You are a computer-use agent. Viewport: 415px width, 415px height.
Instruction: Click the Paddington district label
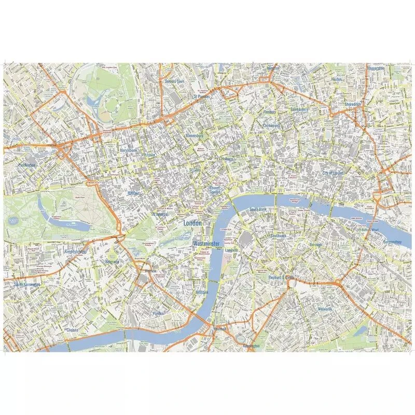coord(26,165)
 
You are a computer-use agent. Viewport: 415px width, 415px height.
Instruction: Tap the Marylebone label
coord(128,150)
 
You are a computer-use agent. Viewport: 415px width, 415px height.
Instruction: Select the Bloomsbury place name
coord(194,135)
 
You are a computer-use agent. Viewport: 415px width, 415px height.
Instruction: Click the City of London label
coord(333,173)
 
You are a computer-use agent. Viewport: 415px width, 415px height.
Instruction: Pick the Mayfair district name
coord(134,193)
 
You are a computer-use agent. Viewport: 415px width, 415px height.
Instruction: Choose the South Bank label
coord(258,210)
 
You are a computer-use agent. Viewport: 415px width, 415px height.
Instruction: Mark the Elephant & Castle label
coord(281,278)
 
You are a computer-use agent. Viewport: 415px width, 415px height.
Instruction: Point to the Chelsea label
coord(73,329)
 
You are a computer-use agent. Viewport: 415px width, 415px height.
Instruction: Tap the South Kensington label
coord(27,284)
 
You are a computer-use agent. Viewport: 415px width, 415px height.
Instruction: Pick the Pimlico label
coord(158,314)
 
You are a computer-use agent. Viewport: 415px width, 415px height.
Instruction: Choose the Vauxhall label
coord(220,329)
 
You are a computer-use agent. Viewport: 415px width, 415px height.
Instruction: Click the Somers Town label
coord(174,81)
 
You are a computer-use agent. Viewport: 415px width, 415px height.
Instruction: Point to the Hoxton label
coord(337,79)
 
